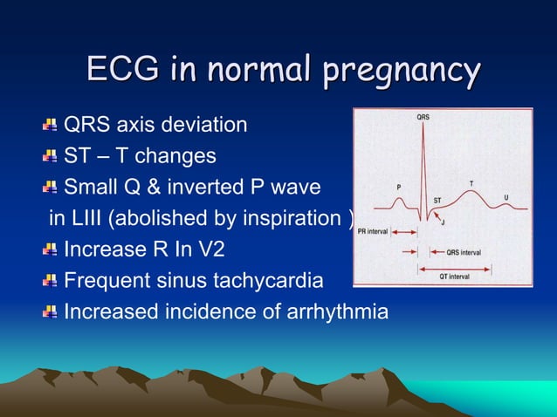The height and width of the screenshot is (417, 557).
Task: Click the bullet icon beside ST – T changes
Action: click(51, 157)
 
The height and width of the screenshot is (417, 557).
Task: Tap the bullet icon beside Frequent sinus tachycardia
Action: click(51, 282)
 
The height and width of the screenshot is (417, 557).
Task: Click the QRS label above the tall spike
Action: click(423, 116)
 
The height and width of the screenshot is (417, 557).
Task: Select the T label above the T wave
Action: click(472, 183)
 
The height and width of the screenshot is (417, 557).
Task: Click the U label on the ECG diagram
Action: click(506, 197)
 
